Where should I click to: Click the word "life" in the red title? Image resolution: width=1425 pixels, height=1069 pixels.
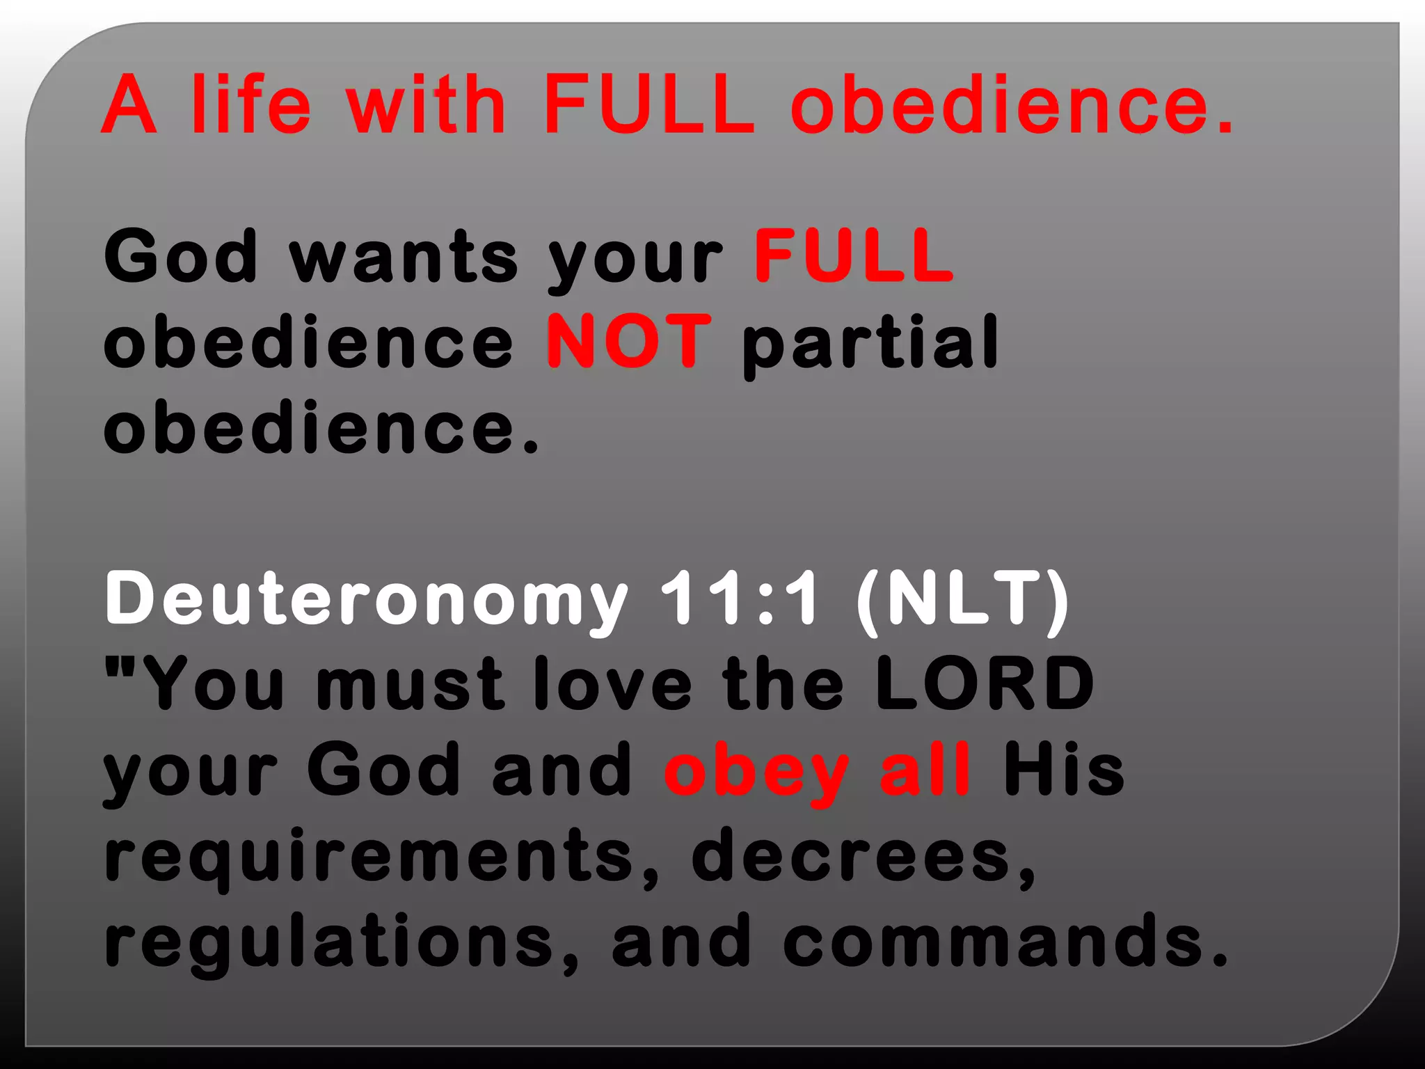250,104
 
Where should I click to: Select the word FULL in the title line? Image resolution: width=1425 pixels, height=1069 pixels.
648,104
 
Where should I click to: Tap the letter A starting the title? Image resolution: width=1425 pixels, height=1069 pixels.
129,104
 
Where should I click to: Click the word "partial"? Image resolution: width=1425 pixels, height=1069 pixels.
870,342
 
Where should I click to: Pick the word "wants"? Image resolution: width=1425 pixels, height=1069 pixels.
404,258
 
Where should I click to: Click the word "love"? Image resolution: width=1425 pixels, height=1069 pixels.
612,684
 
